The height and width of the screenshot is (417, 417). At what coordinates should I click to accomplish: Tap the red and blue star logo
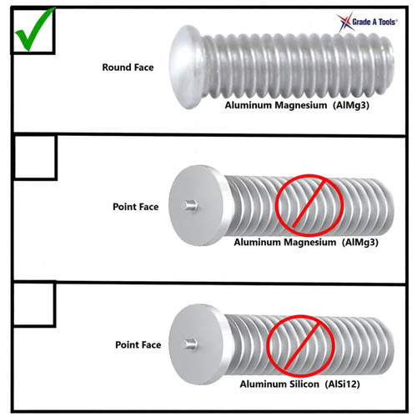click(345, 23)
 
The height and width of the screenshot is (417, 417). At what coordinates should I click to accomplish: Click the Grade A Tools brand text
click(374, 22)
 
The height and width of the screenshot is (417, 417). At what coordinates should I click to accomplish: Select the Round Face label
click(128, 68)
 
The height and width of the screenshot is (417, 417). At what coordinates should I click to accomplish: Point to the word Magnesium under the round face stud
click(301, 105)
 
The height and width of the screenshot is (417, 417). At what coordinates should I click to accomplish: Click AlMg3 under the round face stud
click(351, 106)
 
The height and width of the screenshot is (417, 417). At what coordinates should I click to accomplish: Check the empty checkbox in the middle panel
click(35, 157)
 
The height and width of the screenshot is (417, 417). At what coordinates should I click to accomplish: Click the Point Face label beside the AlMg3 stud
click(136, 207)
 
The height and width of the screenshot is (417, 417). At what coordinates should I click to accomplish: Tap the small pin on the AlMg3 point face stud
click(189, 205)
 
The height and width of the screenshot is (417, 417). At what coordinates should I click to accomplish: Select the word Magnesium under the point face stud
click(310, 243)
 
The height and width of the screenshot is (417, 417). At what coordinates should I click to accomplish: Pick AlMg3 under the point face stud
click(360, 243)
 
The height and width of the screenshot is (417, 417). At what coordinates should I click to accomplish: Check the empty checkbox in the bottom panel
click(34, 304)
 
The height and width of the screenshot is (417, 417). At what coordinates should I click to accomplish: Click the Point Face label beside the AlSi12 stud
click(138, 345)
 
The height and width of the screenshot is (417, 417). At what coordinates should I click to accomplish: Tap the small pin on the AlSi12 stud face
click(191, 344)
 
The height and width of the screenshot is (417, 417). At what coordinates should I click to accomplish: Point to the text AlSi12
click(343, 384)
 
